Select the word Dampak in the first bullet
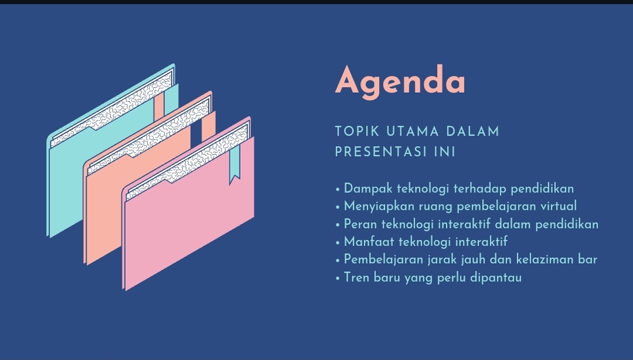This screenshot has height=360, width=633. [x=366, y=189]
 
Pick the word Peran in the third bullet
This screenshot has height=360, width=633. [x=359, y=224]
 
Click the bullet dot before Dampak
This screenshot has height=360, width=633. [x=338, y=189]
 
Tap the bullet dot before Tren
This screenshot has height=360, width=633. [x=338, y=278]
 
